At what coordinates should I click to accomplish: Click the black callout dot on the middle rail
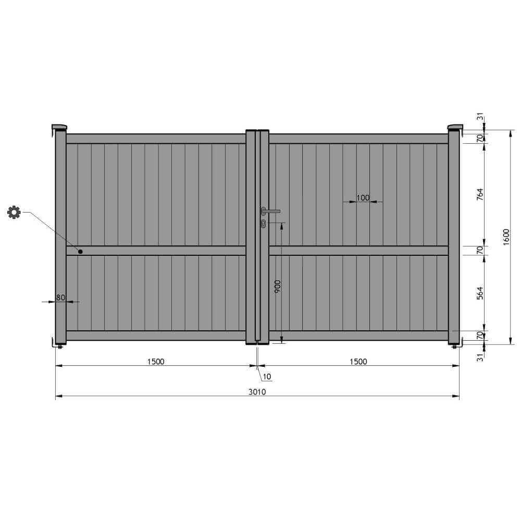(81, 252)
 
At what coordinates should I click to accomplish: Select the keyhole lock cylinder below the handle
(264, 224)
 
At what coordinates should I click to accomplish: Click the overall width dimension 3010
(257, 392)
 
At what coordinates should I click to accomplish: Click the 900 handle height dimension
(277, 288)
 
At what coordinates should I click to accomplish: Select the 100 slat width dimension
(363, 197)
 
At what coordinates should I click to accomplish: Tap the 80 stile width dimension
(60, 297)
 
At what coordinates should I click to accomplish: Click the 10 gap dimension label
(267, 376)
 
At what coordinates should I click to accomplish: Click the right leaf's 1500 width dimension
(358, 362)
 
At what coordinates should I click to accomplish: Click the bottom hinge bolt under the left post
(61, 346)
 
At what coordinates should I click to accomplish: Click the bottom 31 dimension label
(480, 357)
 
